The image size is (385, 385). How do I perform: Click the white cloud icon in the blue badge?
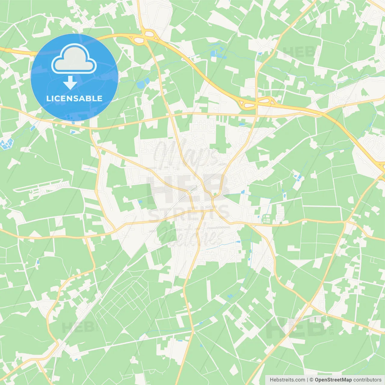74,59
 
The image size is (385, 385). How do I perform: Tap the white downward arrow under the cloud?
70,82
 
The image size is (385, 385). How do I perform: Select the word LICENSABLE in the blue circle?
74,98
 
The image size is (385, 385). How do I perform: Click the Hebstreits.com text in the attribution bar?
287,380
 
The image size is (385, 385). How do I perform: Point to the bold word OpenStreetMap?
333,380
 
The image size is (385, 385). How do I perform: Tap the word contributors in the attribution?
367,380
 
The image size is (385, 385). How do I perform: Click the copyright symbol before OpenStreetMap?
311,380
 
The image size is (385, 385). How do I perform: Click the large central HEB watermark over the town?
186,188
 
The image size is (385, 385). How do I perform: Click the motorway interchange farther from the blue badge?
256,103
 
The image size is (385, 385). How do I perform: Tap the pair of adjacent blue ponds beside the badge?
143,83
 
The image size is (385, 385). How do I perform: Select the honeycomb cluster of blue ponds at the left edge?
7,144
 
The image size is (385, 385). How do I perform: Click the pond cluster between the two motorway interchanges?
218,54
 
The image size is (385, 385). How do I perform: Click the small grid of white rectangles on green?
266,219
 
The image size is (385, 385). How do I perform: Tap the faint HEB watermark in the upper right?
299,53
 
